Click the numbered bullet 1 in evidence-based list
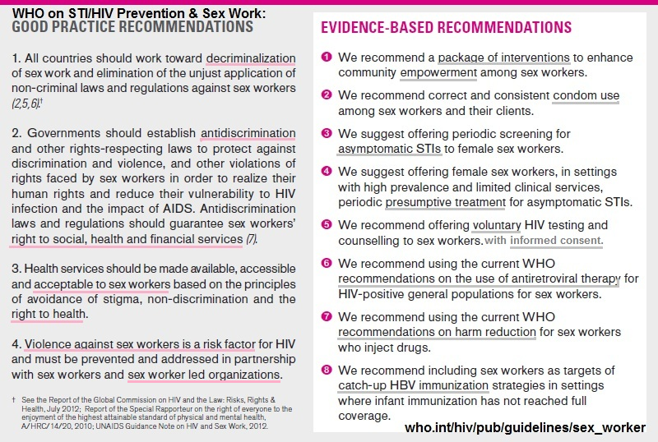click(327, 58)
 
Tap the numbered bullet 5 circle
click(327, 224)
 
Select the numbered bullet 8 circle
click(327, 371)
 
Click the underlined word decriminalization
click(251, 58)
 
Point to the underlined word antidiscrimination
click(248, 133)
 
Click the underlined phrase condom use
click(586, 96)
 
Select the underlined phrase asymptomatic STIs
click(390, 149)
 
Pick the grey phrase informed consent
click(556, 241)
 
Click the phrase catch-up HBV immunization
click(413, 385)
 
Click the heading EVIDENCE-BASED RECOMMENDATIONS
click(446, 28)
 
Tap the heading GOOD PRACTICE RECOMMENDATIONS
click(133, 27)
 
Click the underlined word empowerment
click(438, 72)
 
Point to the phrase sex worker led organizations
click(205, 375)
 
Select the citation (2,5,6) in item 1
click(28, 104)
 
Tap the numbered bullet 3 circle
click(327, 134)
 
